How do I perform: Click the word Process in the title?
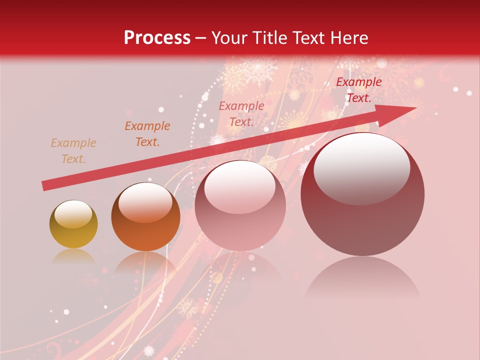(157, 37)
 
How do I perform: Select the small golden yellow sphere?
(73, 224)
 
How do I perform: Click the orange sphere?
(145, 216)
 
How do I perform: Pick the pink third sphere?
(240, 206)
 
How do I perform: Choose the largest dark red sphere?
(362, 194)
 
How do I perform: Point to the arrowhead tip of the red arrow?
(416, 108)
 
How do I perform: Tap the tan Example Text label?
(73, 151)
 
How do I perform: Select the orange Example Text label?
(147, 134)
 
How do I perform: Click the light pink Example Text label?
(241, 113)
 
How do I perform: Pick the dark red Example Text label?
(358, 90)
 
